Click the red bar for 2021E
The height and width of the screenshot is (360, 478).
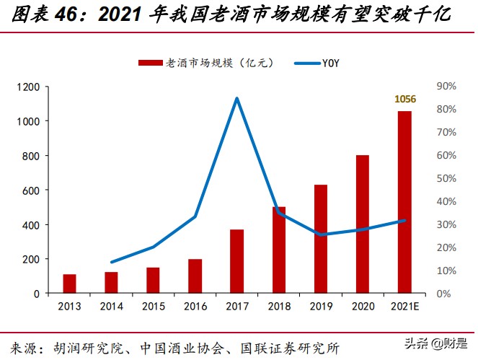click(x=404, y=202)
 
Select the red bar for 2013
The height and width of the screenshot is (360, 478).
click(x=70, y=284)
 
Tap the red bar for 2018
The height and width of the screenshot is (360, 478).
click(x=279, y=250)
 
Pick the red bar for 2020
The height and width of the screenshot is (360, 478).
click(x=363, y=224)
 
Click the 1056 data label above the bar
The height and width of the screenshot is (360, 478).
click(x=404, y=98)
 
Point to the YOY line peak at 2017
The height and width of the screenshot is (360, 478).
click(x=237, y=99)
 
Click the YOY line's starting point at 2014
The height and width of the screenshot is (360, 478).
click(x=112, y=262)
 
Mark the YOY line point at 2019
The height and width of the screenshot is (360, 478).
click(x=321, y=234)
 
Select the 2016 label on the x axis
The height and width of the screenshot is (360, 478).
click(x=195, y=307)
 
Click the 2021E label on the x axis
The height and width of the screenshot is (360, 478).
click(x=404, y=307)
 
